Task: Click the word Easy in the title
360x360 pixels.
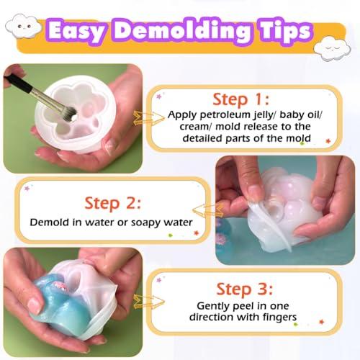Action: pyautogui.click(x=76, y=31)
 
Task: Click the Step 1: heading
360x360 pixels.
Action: pyautogui.click(x=241, y=99)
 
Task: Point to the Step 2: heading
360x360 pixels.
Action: pyautogui.click(x=112, y=203)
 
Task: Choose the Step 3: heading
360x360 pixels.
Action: pyautogui.click(x=245, y=289)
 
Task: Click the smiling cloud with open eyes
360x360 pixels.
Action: pyautogui.click(x=23, y=26)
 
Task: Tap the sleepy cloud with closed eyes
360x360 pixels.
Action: pyautogui.click(x=332, y=49)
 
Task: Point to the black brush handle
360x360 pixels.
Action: pyautogui.click(x=19, y=83)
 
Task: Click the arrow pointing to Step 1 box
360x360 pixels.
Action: pyautogui.click(x=149, y=118)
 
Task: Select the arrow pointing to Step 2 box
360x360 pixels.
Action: pyautogui.click(x=208, y=210)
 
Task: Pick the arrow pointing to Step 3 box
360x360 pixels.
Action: pyautogui.click(x=149, y=301)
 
